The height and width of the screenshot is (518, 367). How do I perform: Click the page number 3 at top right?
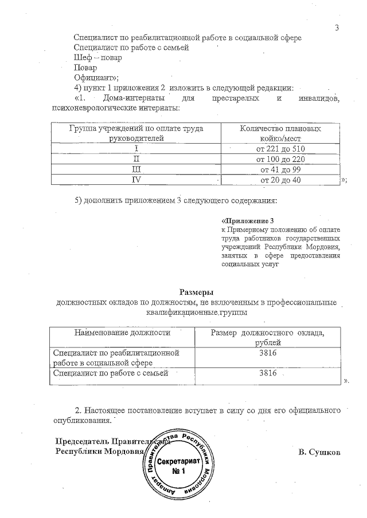click(x=337, y=29)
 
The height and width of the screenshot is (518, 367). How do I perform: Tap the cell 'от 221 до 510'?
click(x=280, y=149)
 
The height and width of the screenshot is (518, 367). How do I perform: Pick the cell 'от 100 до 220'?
click(x=280, y=159)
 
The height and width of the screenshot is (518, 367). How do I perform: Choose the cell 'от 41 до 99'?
click(x=280, y=169)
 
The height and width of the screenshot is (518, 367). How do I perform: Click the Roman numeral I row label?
click(x=136, y=149)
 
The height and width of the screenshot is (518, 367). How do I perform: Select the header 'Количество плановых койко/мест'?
click(x=280, y=133)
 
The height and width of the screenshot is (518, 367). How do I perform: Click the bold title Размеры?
click(x=197, y=292)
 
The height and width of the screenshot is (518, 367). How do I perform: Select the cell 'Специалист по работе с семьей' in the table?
click(x=110, y=373)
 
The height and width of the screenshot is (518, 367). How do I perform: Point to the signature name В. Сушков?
click(x=319, y=452)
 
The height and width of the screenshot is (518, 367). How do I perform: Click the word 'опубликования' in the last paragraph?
click(x=80, y=421)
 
